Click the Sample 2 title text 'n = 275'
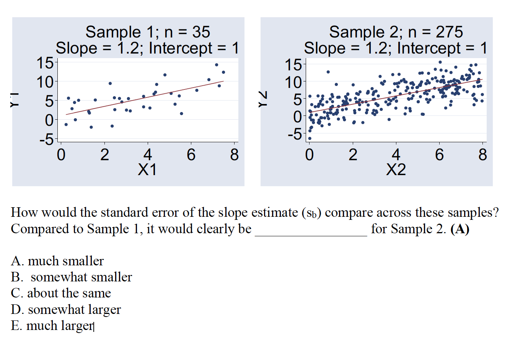coord(435,32)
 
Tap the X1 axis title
coord(147,170)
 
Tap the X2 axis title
coord(396,170)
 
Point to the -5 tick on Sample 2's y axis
coord(295,134)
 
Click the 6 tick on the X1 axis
coord(191,155)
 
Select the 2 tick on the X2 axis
coord(353,155)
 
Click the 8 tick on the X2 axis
coord(482,155)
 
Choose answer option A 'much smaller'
coord(57,261)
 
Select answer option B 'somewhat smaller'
coord(72,277)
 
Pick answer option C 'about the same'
coord(61,293)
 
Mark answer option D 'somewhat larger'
coord(66,309)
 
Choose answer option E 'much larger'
coord(52,326)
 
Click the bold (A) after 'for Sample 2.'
coord(460,229)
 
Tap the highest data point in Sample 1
coord(217,65)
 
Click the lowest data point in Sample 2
coord(310,138)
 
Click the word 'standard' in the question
coord(125,213)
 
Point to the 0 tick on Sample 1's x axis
coord(61,155)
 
